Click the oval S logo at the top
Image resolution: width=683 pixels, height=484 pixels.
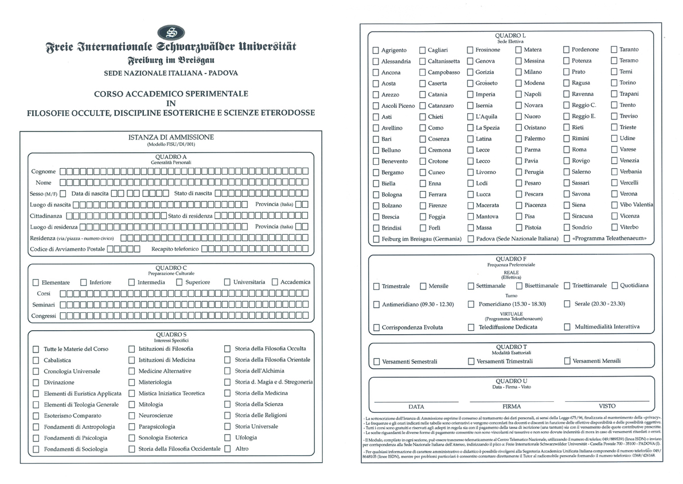(x=171, y=32)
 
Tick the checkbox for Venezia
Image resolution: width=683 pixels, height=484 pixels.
(x=615, y=161)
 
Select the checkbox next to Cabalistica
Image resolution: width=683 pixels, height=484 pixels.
(x=36, y=360)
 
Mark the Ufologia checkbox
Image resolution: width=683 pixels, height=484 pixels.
(x=228, y=437)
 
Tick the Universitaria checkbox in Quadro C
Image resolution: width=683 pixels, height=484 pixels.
(x=228, y=282)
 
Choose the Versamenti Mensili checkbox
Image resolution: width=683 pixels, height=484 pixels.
(x=567, y=361)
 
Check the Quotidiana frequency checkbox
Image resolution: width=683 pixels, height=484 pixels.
(x=615, y=285)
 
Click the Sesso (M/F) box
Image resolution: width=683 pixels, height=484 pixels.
(x=63, y=193)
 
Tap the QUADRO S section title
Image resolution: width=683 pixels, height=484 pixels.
(x=171, y=334)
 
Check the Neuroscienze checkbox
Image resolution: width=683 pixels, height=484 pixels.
(x=132, y=415)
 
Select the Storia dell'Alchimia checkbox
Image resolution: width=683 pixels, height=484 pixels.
(x=228, y=371)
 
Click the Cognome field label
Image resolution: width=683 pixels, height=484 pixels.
(x=44, y=171)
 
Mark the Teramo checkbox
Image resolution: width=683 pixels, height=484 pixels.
(x=615, y=61)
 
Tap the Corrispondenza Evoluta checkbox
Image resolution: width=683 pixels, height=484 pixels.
(x=376, y=327)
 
